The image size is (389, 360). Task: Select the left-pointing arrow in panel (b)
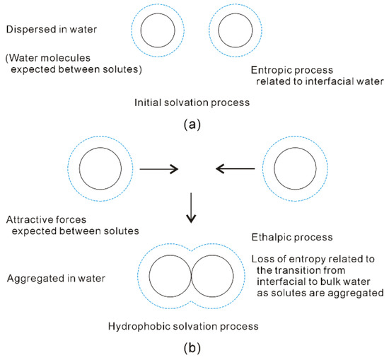pyautogui.click(x=236, y=169)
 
